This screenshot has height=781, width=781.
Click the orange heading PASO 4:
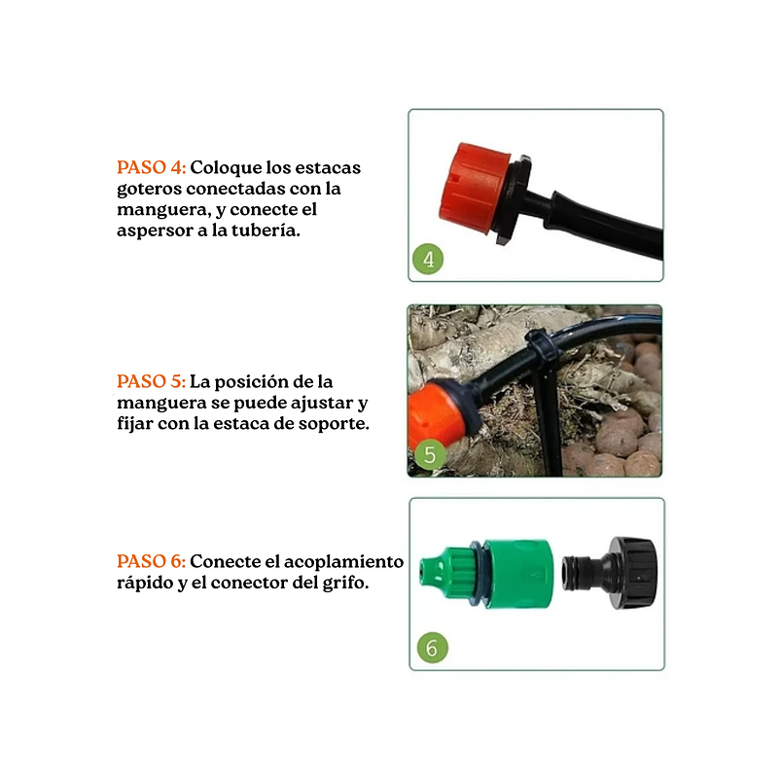(151, 167)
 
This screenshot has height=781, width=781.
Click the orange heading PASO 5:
(151, 381)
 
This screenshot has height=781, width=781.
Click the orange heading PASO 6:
(151, 561)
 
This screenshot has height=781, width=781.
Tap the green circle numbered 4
(428, 259)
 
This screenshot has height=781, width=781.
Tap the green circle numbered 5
(429, 454)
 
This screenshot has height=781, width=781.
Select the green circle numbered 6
(433, 648)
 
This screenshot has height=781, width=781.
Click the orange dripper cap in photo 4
(474, 189)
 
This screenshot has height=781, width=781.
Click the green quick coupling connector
(486, 573)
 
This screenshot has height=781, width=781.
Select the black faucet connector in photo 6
(610, 573)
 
